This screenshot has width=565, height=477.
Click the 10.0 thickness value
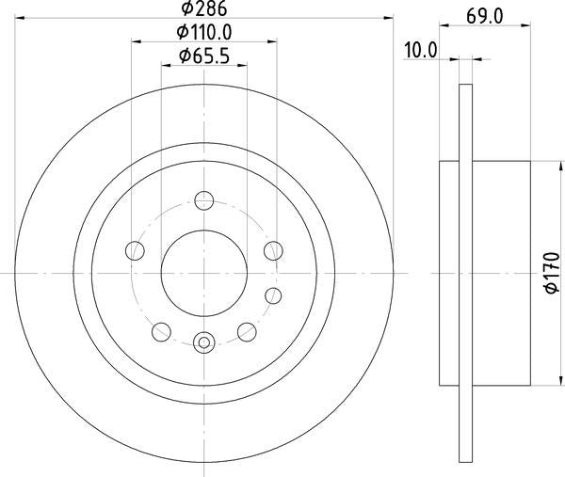(x=420, y=50)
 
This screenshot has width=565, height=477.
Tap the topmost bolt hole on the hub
(x=203, y=199)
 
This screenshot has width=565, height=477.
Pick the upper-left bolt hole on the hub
(x=135, y=250)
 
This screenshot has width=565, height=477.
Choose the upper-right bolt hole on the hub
(x=273, y=250)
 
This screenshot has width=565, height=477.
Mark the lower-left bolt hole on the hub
(x=161, y=331)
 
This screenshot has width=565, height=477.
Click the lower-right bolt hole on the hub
(x=247, y=331)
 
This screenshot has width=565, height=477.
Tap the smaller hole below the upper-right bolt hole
(x=275, y=294)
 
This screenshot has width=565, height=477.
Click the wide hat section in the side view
(x=499, y=273)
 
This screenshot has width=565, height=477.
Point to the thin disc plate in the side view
(x=464, y=273)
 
